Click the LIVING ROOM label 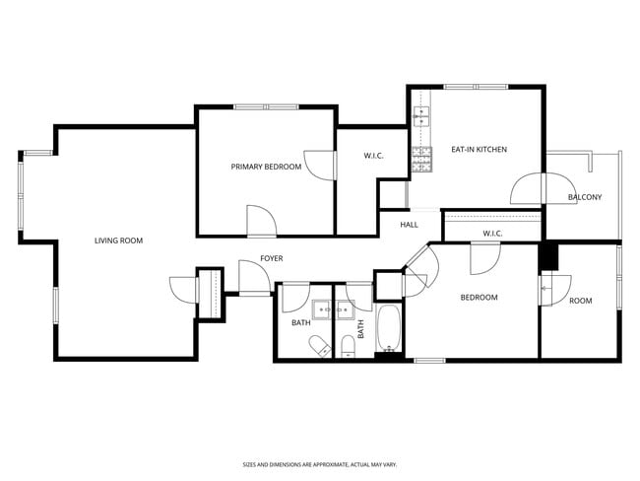119,240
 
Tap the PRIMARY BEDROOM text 266,167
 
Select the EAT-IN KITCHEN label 479,150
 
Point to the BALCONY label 585,197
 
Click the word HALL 409,225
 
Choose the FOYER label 272,258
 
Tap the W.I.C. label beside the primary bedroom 373,156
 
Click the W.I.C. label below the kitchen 492,234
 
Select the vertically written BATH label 360,328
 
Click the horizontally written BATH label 300,323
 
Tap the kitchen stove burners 422,160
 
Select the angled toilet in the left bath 320,346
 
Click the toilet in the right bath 347,346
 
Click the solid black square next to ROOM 548,255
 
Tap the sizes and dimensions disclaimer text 320,464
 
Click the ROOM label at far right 581,301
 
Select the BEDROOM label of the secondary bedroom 480,298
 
